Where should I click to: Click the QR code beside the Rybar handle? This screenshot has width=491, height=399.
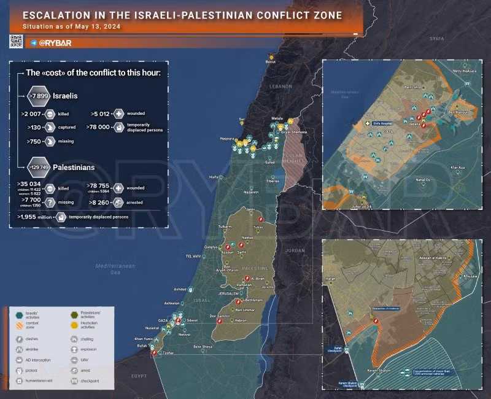point(16,42)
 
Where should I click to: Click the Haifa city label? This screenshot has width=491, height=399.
point(214,177)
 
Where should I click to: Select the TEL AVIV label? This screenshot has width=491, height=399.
point(195,256)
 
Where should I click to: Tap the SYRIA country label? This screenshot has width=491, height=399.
point(436,38)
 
